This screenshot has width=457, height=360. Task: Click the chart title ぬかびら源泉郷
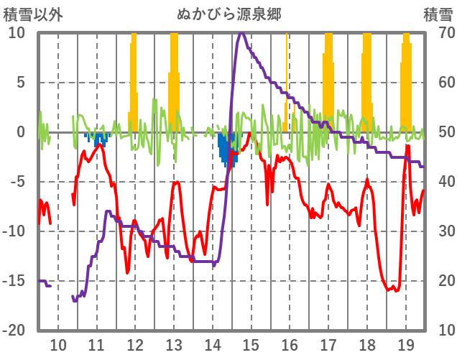pyautogui.click(x=228, y=14)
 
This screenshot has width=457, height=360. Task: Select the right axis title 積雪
pyautogui.click(x=437, y=14)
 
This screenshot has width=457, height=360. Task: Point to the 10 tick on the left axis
pyautogui.click(x=17, y=33)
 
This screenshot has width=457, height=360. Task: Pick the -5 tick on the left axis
pyautogui.click(x=17, y=182)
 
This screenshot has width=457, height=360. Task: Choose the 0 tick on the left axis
pyautogui.click(x=20, y=132)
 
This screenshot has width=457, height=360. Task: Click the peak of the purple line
pyautogui.click(x=241, y=33)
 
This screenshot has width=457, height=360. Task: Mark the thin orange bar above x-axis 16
pyautogui.click(x=286, y=79)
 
